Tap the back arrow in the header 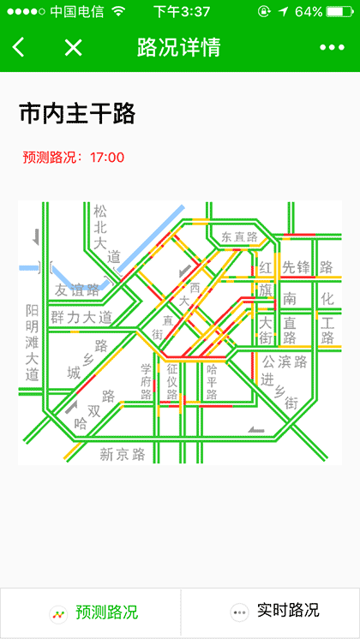(19, 47)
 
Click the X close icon (74, 47)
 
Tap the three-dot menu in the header (332, 47)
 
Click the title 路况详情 (179, 47)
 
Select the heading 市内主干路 (77, 113)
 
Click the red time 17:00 (107, 157)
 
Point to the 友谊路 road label (77, 290)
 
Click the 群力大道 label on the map (81, 318)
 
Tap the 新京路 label (122, 453)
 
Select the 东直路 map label (239, 236)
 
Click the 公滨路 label (285, 361)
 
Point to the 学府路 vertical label (146, 381)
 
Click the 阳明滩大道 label (32, 343)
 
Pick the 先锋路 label (307, 267)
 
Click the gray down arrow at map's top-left (36, 236)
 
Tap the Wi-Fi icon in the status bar (118, 12)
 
